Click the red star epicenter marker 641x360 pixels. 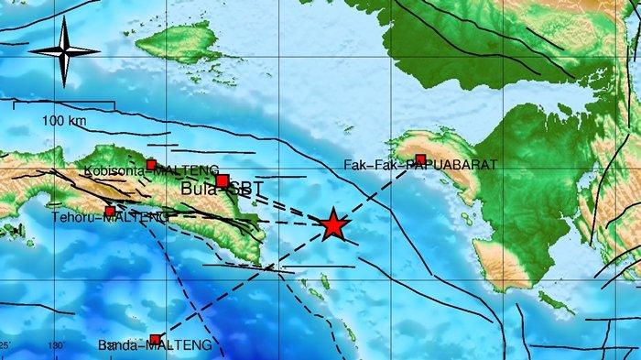click(x=333, y=224)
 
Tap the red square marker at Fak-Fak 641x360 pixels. click(x=420, y=159)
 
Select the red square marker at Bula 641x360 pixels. click(x=223, y=180)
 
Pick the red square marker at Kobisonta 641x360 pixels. click(x=152, y=165)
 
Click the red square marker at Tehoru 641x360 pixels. click(x=110, y=212)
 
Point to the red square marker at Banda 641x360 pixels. click(x=155, y=339)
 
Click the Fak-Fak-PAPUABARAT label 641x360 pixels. click(x=420, y=166)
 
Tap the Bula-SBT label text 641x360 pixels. click(x=215, y=190)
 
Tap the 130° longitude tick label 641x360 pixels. click(x=57, y=345)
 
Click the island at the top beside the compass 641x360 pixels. click(x=183, y=41)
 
